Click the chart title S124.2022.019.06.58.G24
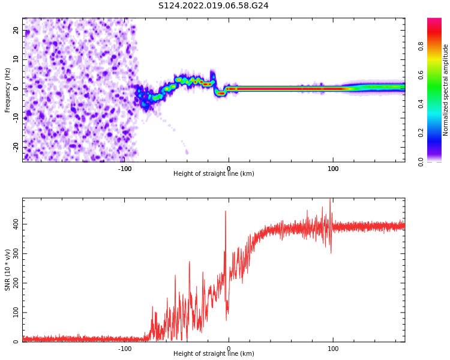tap(213, 6)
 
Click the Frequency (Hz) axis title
tap(8, 90)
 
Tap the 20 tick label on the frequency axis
tap(16, 30)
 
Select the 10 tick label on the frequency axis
tap(16, 59)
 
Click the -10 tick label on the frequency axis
tap(14, 118)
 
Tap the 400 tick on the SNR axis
tap(14, 224)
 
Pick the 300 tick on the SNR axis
tap(14, 254)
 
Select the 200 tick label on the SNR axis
tap(14, 283)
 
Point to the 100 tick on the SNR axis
tap(14, 313)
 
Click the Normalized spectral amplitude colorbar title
tap(446, 90)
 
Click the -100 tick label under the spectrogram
tap(124, 169)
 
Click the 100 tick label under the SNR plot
tap(333, 349)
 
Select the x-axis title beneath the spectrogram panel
tap(214, 174)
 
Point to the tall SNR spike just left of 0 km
tap(226, 212)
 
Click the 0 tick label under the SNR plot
tap(229, 349)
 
